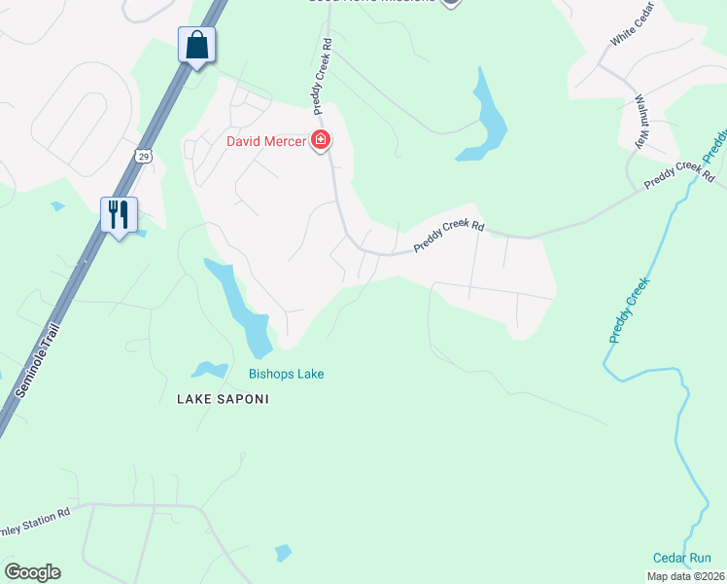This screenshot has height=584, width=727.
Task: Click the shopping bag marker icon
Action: coord(196,46)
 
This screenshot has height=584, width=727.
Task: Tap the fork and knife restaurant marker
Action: coord(119,214)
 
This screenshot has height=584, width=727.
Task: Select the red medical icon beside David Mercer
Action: coord(321,141)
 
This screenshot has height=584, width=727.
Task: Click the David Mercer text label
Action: coord(266,141)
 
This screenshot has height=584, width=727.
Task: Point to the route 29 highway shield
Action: coord(144,156)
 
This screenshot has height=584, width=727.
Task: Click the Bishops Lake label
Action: coord(286,374)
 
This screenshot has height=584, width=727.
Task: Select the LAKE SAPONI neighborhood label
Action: coord(222,399)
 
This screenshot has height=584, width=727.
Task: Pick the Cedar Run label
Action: coord(681,558)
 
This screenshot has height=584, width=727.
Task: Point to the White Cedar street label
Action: coord(634,25)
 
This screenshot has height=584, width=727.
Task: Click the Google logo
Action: coord(32,572)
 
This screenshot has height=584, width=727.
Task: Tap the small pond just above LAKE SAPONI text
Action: coord(209,369)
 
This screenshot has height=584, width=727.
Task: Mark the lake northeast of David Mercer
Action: coord(486,118)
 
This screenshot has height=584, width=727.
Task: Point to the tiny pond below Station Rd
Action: coord(283,553)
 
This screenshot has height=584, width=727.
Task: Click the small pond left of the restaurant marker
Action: coord(56,206)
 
